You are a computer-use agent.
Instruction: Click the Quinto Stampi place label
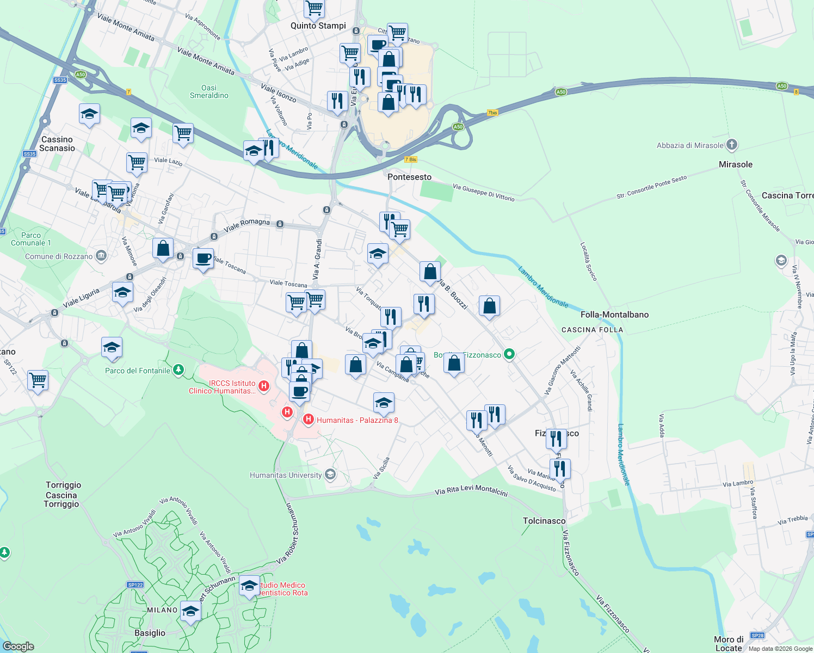click(x=318, y=26)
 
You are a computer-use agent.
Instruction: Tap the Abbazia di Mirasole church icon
click(x=732, y=145)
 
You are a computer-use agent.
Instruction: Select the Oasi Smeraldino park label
click(x=209, y=91)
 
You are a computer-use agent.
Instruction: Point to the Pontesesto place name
click(x=409, y=177)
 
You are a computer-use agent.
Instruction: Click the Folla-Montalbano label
click(x=614, y=315)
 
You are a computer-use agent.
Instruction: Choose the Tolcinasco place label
click(x=544, y=521)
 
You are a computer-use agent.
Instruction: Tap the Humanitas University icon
click(x=330, y=475)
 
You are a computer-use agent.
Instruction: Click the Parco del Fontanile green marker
click(x=178, y=371)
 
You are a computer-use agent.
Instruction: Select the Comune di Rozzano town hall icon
click(x=101, y=256)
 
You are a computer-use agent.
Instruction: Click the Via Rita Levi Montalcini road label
click(x=471, y=490)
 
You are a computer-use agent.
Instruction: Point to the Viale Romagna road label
click(x=246, y=224)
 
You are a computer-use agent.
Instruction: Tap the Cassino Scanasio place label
click(x=57, y=144)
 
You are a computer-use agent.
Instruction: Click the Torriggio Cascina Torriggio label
click(x=63, y=494)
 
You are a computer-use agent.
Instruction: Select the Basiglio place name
click(x=150, y=633)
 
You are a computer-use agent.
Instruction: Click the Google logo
click(x=18, y=646)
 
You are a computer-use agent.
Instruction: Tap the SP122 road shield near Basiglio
click(x=135, y=585)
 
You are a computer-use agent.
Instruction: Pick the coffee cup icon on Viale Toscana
click(x=203, y=258)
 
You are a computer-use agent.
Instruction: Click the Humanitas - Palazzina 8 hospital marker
click(x=309, y=419)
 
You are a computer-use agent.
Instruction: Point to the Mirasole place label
click(x=736, y=164)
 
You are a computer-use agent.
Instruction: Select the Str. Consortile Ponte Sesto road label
click(x=651, y=187)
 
